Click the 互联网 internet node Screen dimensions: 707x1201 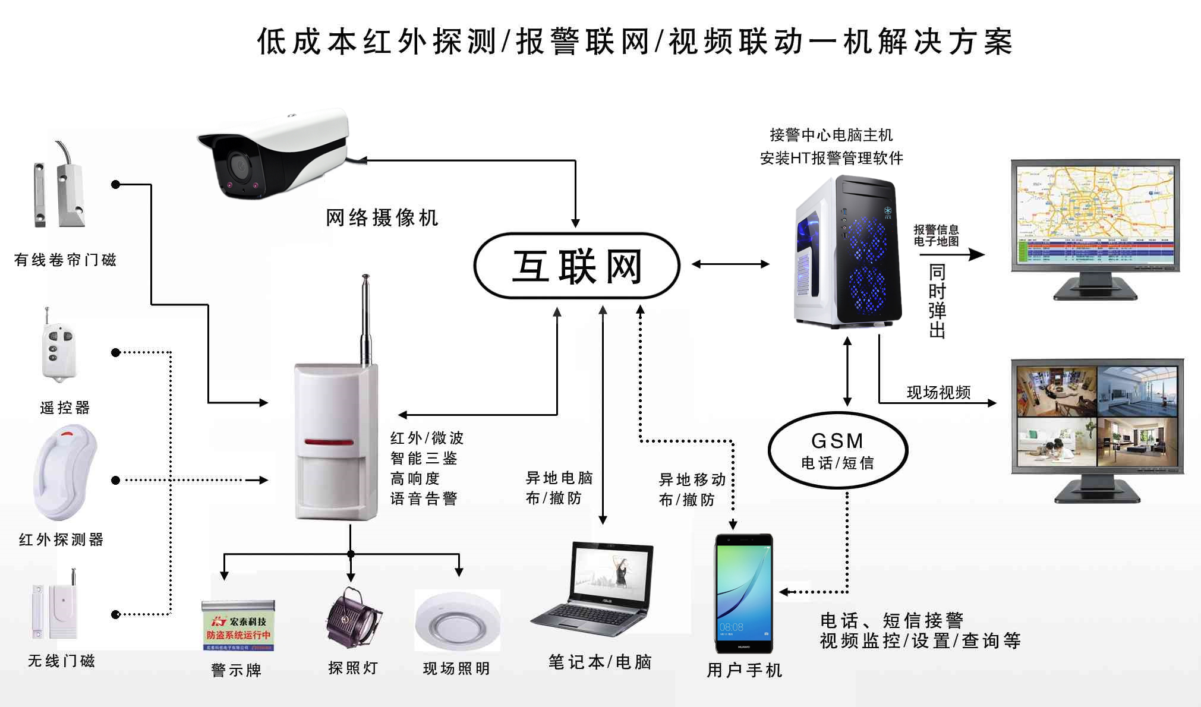(x=576, y=266)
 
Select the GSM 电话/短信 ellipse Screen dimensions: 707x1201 (x=837, y=450)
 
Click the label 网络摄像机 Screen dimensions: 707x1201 (x=382, y=218)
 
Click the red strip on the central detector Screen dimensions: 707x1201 (x=329, y=442)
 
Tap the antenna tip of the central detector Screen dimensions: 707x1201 (x=365, y=277)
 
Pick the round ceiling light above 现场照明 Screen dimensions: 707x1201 (x=457, y=621)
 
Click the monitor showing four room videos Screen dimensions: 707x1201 (x=1097, y=415)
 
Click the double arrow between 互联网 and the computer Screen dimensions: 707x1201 (x=730, y=264)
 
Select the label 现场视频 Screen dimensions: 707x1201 (x=938, y=392)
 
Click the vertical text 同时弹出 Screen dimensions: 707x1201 (x=937, y=301)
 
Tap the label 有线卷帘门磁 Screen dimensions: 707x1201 (x=65, y=260)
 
